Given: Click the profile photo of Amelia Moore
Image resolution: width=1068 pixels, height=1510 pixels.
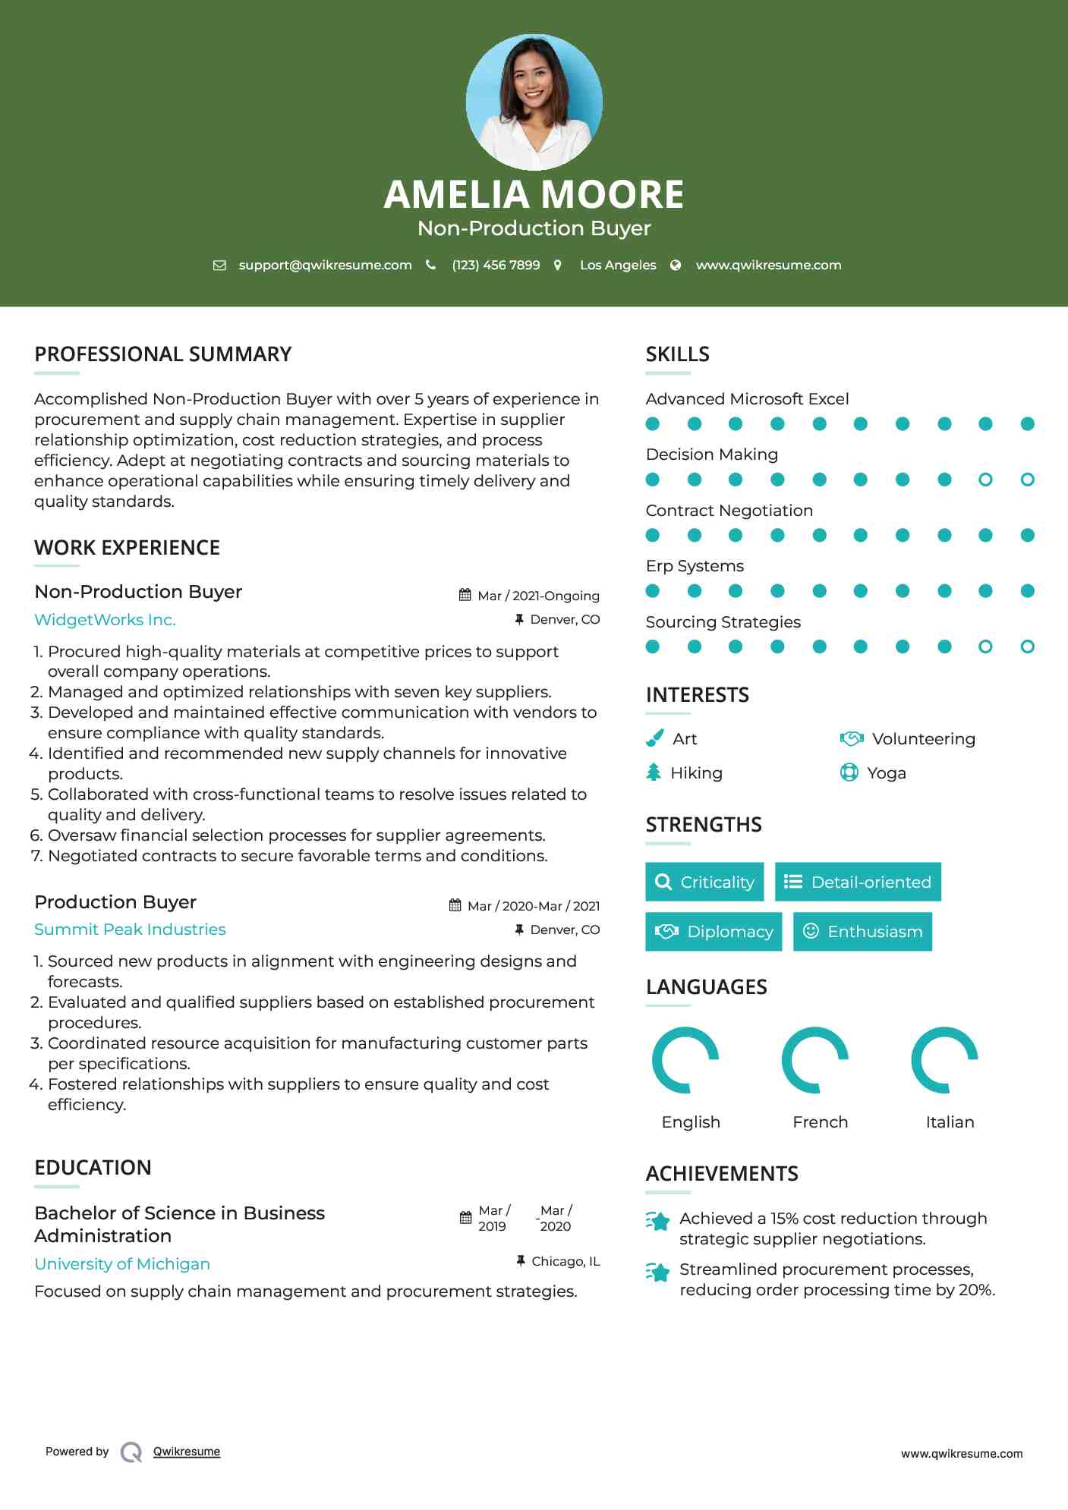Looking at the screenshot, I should [534, 102].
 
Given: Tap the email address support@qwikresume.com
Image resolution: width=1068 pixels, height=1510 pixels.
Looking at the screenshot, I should [325, 266].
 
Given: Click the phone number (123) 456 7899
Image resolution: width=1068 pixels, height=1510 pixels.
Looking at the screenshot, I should [496, 266].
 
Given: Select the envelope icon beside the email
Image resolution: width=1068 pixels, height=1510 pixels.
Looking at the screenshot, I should [219, 266].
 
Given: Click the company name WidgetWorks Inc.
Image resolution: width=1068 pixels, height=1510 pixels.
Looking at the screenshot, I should [105, 620].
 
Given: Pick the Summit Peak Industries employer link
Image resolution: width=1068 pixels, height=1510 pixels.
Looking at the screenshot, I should [130, 930].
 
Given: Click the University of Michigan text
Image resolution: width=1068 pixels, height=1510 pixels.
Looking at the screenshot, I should [122, 1264].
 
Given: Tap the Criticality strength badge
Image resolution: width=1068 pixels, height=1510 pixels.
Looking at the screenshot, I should [704, 882].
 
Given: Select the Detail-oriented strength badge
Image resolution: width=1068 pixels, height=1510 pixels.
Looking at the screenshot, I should [858, 882].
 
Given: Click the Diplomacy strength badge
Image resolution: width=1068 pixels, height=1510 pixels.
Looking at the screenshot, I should [714, 932].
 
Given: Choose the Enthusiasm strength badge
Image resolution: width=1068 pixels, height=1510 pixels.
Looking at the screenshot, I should [862, 932].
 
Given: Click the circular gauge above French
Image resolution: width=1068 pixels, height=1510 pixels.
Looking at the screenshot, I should [814, 1060].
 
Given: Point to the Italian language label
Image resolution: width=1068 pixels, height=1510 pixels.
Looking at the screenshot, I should [950, 1122].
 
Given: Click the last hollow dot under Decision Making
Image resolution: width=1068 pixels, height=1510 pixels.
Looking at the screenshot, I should [1027, 480].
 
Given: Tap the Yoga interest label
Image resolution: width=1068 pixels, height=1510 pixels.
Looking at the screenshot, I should [887, 773].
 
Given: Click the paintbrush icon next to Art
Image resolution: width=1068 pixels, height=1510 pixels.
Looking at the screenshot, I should [654, 738].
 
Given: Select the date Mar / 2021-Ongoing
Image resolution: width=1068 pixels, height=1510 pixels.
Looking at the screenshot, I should [538, 596].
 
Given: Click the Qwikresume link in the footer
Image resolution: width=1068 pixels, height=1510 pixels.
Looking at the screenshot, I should [187, 1452].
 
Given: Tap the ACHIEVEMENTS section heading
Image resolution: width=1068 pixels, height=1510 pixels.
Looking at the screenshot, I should [721, 1174].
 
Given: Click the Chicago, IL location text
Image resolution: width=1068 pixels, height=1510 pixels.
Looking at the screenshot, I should [566, 1261].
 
